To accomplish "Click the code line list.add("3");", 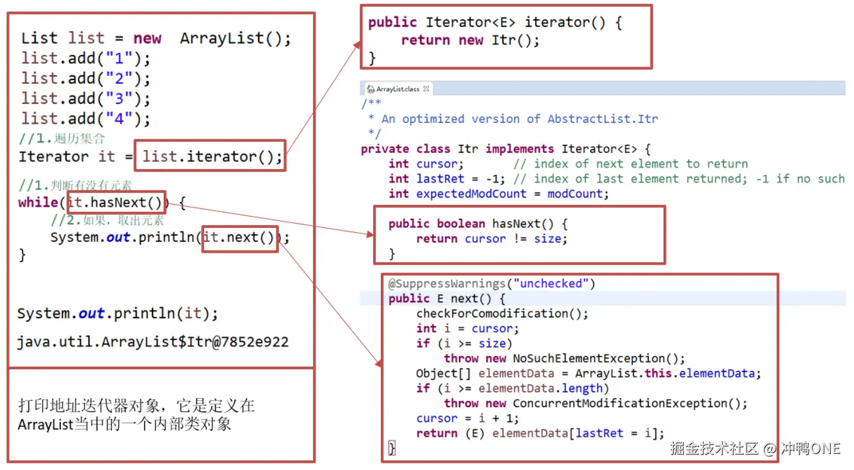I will coord(86,99).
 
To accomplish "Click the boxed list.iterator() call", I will coord(211,157).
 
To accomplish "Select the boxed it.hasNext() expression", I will coord(117,203).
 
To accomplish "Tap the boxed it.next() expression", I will coord(240,237).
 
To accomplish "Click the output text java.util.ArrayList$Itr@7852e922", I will coord(152,342).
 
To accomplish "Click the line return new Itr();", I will coord(470,40).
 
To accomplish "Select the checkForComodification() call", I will coord(502,313).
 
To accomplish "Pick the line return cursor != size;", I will coord(492,239).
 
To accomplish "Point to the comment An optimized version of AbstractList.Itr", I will coord(519,119).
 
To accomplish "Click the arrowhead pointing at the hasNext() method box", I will coord(371,235).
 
